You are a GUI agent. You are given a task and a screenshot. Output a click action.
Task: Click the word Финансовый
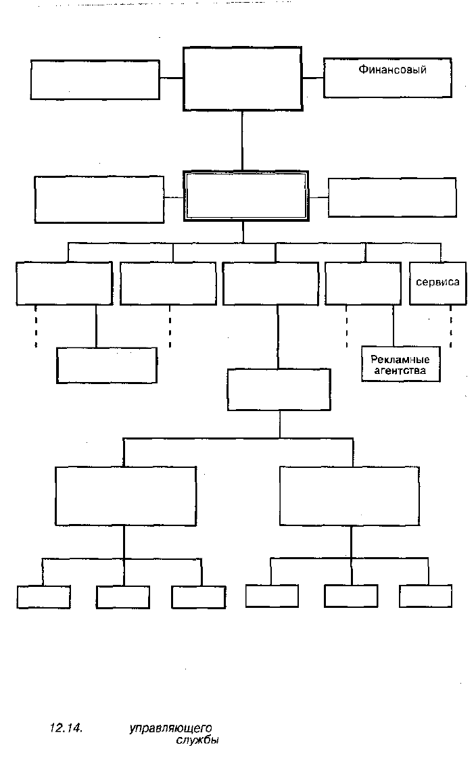[392, 70]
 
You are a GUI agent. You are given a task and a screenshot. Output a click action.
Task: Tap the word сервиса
[437, 281]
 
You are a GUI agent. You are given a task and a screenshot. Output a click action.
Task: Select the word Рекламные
[400, 359]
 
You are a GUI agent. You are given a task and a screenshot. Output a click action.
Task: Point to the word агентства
[400, 371]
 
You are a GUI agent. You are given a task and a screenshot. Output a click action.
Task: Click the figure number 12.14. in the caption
[66, 728]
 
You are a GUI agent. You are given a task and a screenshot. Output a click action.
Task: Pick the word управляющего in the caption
[170, 728]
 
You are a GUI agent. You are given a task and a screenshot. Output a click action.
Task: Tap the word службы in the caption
[197, 740]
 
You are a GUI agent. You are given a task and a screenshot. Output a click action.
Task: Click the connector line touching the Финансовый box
[313, 78]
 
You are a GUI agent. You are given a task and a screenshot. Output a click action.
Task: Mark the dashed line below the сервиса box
[451, 326]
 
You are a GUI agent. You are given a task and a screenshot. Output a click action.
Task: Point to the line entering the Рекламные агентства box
[393, 326]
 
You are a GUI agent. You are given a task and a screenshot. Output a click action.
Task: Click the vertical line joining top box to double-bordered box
[242, 141]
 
